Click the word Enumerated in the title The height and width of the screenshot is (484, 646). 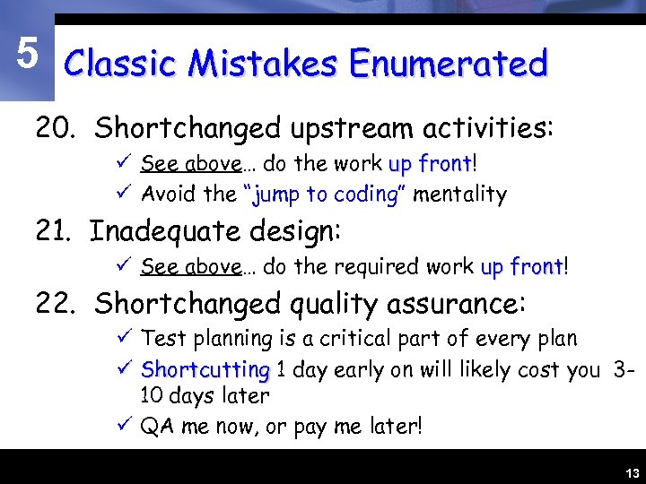click(449, 65)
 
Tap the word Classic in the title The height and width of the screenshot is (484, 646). click(122, 65)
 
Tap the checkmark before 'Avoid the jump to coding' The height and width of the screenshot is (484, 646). click(126, 193)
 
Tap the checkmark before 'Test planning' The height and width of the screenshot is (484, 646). click(126, 338)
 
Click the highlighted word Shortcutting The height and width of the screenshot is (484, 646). click(205, 369)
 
